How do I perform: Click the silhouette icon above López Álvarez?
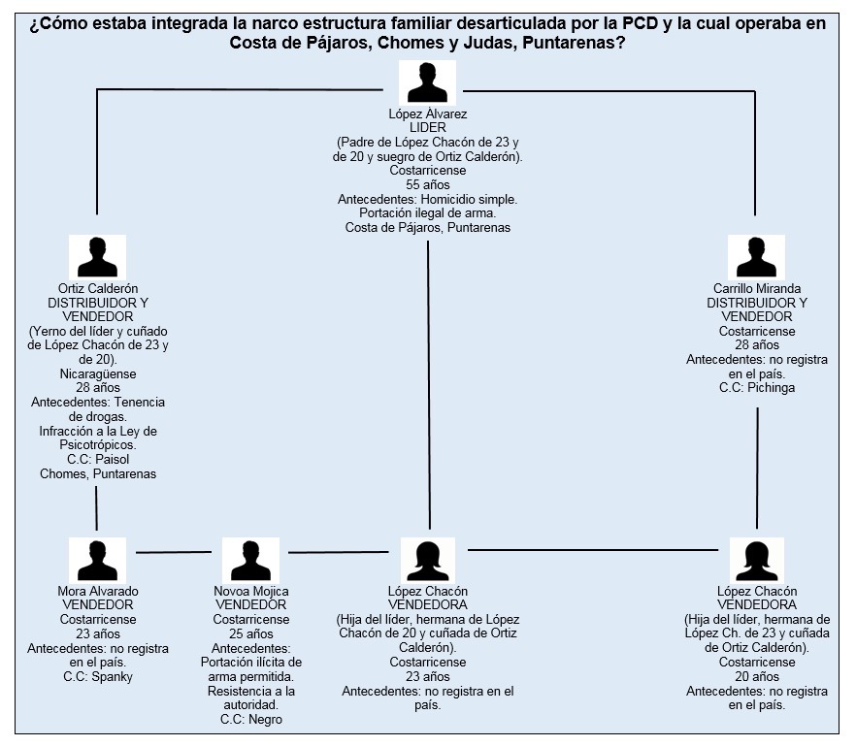[x=427, y=83]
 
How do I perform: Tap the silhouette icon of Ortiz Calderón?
[x=97, y=258]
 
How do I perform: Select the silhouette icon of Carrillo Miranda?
[x=756, y=258]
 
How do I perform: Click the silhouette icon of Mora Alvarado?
[x=97, y=561]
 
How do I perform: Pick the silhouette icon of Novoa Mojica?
[x=250, y=561]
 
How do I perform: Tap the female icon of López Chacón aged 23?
[x=428, y=561]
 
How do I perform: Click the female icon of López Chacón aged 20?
[x=757, y=561]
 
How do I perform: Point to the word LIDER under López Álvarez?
[x=428, y=128]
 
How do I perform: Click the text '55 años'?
[x=428, y=184]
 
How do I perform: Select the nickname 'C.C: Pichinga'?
[x=757, y=388]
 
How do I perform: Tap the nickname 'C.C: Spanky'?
[x=98, y=677]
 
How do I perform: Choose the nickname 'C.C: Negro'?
[x=251, y=719]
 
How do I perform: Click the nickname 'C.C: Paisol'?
[x=98, y=459]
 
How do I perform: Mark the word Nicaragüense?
[x=98, y=373]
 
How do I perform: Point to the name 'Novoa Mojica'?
[x=251, y=591]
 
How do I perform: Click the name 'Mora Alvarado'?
[x=98, y=591]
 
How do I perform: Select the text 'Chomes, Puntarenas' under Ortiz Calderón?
[x=98, y=473]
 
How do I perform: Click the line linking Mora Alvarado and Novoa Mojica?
[x=174, y=552]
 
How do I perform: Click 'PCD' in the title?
[x=641, y=24]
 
